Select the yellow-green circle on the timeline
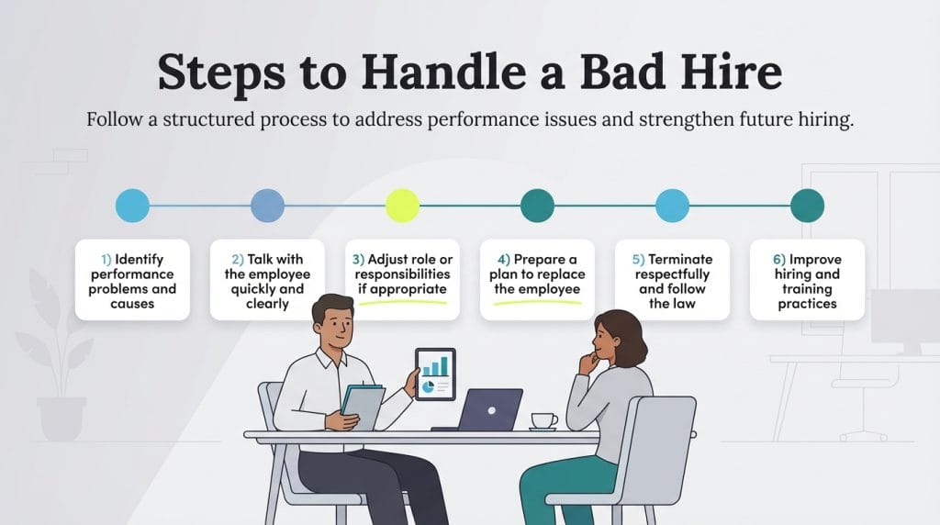402,206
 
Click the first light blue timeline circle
132,206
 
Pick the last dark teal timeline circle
807,206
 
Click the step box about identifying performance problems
132,280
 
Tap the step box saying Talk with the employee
267,280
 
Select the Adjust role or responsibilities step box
402,275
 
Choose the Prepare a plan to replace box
537,275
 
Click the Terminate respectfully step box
672,280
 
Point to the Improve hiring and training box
807,280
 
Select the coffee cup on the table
543,420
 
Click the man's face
332,329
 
